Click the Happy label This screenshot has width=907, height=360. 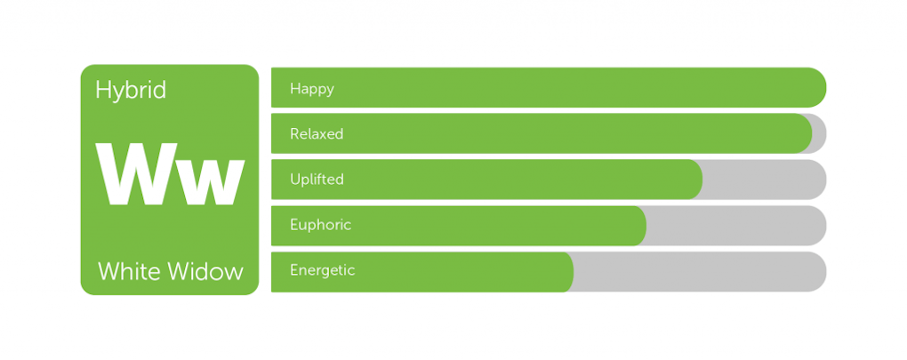point(312,89)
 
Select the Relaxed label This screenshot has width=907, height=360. point(317,134)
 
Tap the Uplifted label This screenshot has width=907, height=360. point(317,180)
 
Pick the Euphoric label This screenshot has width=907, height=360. point(321,225)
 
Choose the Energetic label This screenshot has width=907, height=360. point(323,270)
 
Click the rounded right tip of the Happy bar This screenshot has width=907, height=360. point(825,87)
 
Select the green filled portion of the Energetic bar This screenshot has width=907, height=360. point(422,272)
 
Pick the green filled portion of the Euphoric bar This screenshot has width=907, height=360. point(459,226)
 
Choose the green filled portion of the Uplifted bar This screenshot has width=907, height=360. point(487,180)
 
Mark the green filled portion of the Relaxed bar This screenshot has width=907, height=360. point(542,133)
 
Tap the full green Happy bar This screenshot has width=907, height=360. point(549,87)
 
